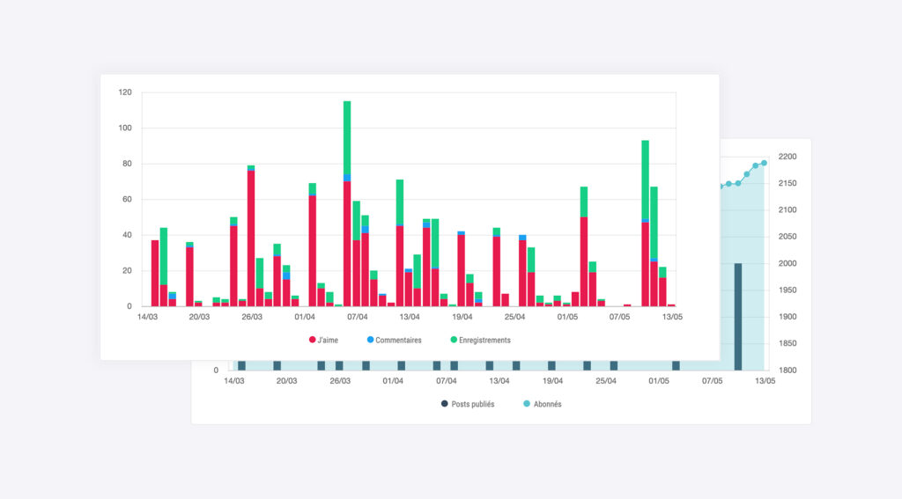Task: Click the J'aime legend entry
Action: pos(324,340)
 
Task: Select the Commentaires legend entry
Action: pos(394,340)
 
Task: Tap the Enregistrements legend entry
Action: pos(480,340)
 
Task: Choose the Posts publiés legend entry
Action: pos(468,404)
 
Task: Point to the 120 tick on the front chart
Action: pos(124,92)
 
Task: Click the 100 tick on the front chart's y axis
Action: pos(124,128)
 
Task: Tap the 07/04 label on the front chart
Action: pos(358,317)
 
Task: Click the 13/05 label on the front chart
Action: pos(672,317)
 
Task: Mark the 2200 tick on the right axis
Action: pos(787,157)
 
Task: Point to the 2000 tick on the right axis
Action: pos(787,263)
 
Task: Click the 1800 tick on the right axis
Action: pos(787,371)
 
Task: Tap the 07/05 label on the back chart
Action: pos(712,381)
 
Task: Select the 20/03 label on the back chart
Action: pos(286,381)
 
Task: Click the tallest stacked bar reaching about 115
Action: pos(347,202)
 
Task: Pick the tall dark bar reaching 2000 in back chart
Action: pos(738,317)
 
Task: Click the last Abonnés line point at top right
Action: pos(764,163)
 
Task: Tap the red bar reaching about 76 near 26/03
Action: pos(251,238)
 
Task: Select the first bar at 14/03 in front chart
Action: pos(155,273)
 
